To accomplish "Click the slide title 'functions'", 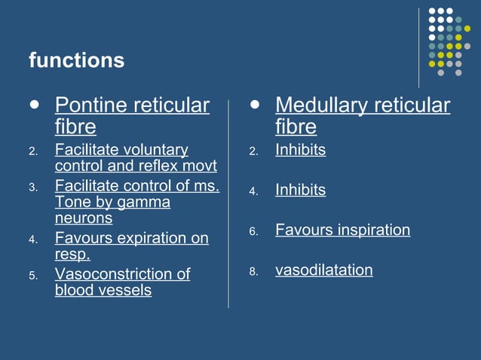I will [x=76, y=60].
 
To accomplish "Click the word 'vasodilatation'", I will [x=323, y=270].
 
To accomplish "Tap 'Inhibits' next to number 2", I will [x=300, y=150].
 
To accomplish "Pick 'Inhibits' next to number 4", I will [x=300, y=190].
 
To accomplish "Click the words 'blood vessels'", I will [x=103, y=290].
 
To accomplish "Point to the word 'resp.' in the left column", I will [x=72, y=255].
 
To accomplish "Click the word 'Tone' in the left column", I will [x=72, y=203].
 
